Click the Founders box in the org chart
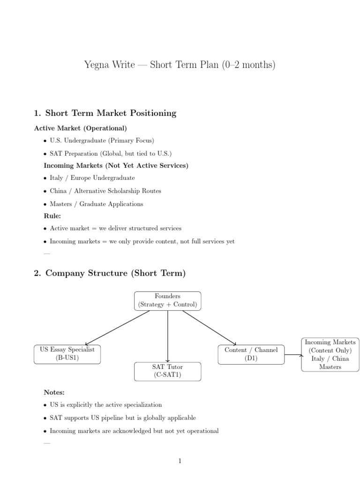(x=168, y=301)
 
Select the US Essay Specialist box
(x=67, y=354)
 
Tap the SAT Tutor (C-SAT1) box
(x=168, y=372)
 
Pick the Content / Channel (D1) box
(x=251, y=355)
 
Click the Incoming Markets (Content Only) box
(x=330, y=355)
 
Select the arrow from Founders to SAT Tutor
(x=168, y=337)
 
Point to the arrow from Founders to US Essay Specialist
(x=118, y=328)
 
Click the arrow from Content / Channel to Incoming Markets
(x=293, y=355)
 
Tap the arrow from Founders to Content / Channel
(x=210, y=328)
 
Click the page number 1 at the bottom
(x=180, y=461)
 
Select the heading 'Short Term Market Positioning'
(x=111, y=113)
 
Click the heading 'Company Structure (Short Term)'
(x=115, y=273)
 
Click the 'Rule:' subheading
(x=52, y=216)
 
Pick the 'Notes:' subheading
(x=54, y=392)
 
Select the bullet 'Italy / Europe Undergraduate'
(x=92, y=178)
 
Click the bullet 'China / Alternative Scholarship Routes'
(x=105, y=191)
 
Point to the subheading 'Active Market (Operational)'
(x=81, y=128)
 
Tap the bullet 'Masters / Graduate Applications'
(x=97, y=204)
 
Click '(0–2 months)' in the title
(x=249, y=65)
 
